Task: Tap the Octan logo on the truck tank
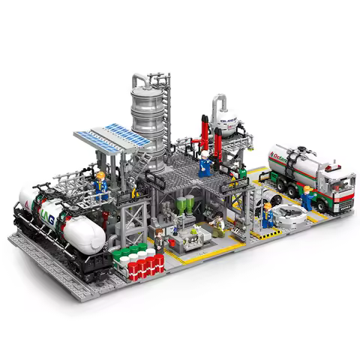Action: [283, 158]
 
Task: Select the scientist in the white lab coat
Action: [217, 226]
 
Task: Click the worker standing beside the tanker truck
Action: [307, 196]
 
